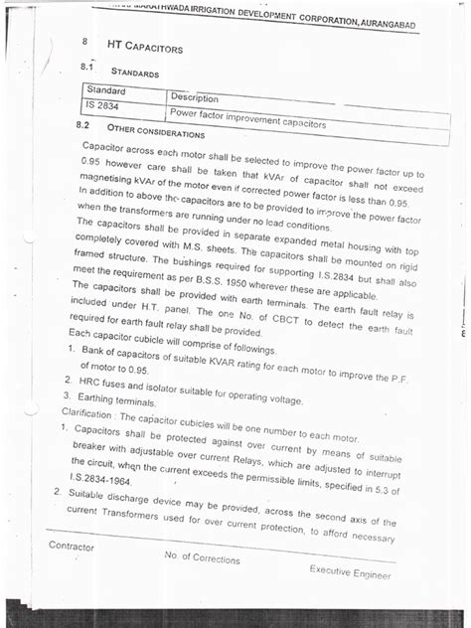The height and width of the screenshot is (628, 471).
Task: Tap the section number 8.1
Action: pos(85,69)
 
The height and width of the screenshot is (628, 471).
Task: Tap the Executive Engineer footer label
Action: pos(350,572)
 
